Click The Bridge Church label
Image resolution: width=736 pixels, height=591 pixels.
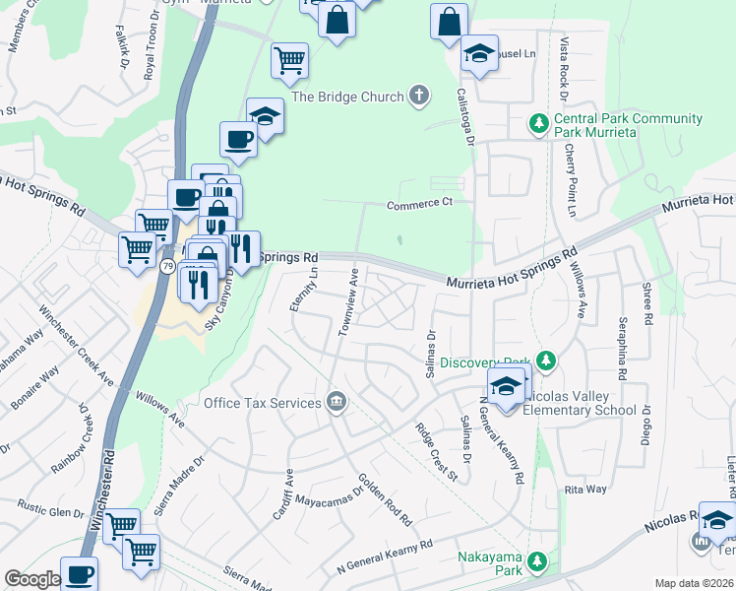(348, 97)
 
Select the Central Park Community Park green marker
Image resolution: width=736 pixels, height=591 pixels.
(538, 124)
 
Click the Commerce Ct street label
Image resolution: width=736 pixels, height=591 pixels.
(418, 204)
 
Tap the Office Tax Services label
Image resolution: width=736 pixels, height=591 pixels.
(262, 402)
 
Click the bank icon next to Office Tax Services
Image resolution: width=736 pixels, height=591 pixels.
(337, 401)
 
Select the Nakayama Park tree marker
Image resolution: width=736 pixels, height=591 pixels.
(536, 561)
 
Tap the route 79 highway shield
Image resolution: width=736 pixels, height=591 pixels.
(168, 266)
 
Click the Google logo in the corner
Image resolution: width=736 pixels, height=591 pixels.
(32, 579)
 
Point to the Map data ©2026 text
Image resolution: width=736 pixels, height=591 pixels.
(693, 583)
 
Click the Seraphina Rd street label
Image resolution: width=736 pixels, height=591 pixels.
(622, 349)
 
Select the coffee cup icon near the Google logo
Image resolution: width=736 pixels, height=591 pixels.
(79, 574)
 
